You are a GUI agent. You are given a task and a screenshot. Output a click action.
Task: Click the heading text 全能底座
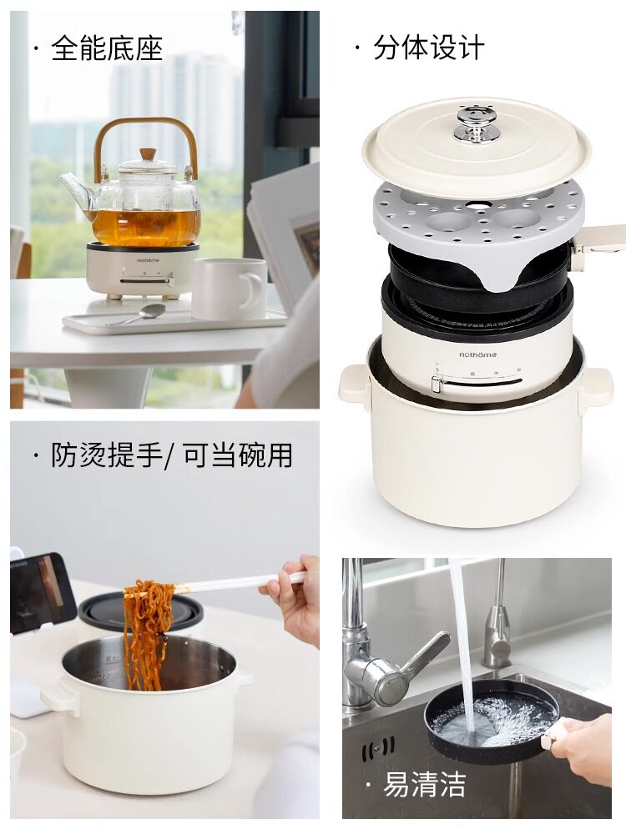107,48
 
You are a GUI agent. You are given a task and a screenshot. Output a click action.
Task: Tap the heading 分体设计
428,48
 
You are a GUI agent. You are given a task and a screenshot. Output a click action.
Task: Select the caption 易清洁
424,784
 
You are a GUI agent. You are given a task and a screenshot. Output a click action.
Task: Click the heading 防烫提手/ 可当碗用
172,455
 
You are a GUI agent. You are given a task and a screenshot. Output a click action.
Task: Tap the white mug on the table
230,289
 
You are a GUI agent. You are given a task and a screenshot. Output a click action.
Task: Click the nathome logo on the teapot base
148,260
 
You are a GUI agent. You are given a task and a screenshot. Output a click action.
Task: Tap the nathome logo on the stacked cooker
478,354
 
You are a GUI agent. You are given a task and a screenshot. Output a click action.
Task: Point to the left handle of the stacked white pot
354,383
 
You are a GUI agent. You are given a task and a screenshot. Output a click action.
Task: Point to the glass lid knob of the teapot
148,155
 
